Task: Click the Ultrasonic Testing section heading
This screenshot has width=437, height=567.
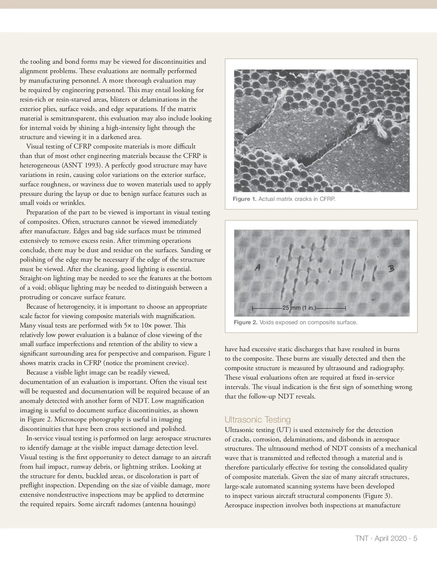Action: pyautogui.click(x=257, y=420)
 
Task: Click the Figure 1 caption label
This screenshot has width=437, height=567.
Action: pyautogui.click(x=244, y=199)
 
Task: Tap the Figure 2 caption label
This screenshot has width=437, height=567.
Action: pyautogui.click(x=245, y=322)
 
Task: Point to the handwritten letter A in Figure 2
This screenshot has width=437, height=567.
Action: pyautogui.click(x=257, y=268)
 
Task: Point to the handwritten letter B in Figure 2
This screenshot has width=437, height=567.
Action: pyautogui.click(x=391, y=269)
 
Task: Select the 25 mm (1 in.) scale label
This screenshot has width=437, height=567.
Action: pyautogui.click(x=299, y=308)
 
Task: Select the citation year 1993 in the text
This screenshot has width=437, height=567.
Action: pyautogui.click(x=95, y=166)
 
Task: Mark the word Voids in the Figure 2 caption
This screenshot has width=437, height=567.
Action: pyautogui.click(x=268, y=322)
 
